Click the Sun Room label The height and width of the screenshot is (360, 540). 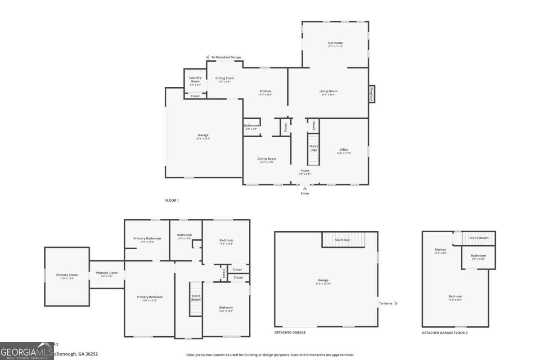point(335,43)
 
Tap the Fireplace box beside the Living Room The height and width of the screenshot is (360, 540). point(372,94)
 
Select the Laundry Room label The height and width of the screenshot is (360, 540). point(195,79)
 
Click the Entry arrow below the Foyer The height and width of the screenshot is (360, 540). point(305,189)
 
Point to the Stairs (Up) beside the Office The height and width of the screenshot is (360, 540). point(314,148)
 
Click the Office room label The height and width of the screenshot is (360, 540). point(344,150)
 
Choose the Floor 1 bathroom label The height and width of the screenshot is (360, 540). point(252,126)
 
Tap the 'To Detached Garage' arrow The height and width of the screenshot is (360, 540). point(207,57)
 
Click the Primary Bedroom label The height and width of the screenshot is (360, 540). point(149,297)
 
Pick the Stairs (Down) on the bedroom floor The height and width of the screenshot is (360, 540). point(196,299)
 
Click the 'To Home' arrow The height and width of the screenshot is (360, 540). point(396,303)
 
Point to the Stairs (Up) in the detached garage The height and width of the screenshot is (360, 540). point(343,239)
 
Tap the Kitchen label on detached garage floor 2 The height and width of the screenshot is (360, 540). point(440,250)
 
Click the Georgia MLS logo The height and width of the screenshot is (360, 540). point(27,351)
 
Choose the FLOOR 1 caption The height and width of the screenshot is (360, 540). point(172,200)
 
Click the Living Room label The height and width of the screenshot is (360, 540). point(328,91)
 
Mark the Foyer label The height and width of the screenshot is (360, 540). point(305,171)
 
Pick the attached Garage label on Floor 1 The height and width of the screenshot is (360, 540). point(203,135)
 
